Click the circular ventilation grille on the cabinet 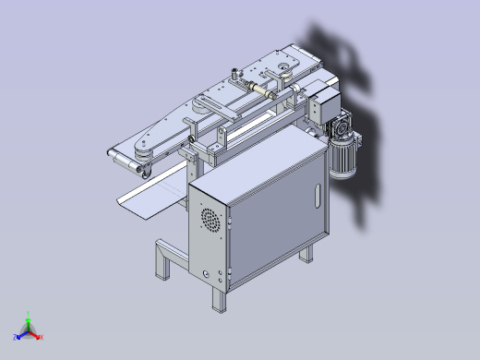211,221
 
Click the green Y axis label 30,314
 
